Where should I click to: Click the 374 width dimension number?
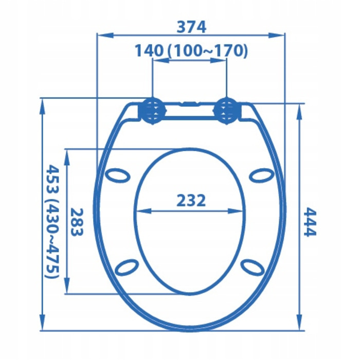(x=191, y=27)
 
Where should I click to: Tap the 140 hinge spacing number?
(x=149, y=50)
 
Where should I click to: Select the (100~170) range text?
(x=208, y=51)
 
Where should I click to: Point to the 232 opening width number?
(x=191, y=201)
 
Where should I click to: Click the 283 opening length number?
(x=77, y=222)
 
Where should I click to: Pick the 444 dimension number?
(x=310, y=222)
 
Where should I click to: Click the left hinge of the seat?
(x=152, y=111)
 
